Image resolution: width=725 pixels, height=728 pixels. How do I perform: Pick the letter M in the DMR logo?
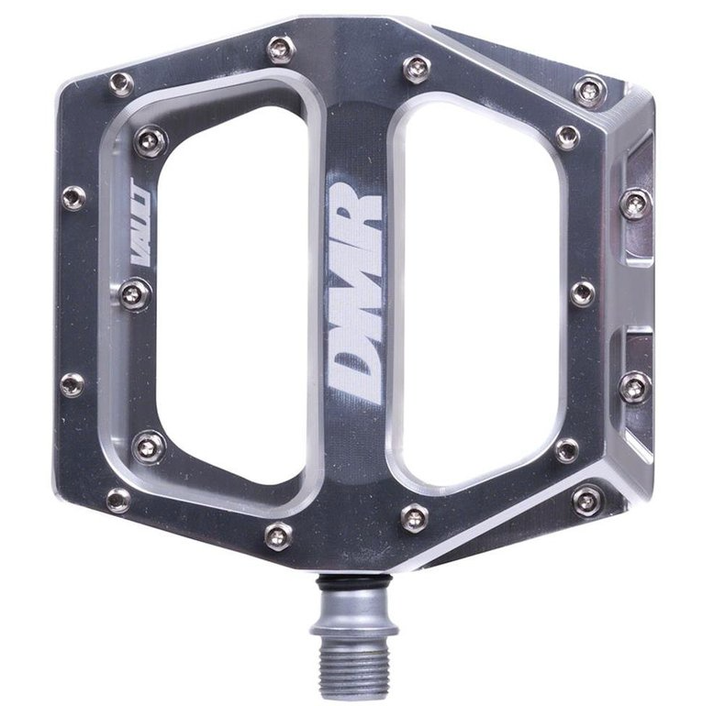355,284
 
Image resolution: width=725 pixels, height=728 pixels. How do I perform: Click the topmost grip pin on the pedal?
279,47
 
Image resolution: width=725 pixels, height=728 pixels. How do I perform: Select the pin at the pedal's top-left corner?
120,84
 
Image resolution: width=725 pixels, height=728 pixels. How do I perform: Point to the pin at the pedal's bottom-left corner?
118,500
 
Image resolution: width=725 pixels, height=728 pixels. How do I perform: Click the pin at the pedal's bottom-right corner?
587,499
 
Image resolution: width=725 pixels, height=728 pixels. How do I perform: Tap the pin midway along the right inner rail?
582,293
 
